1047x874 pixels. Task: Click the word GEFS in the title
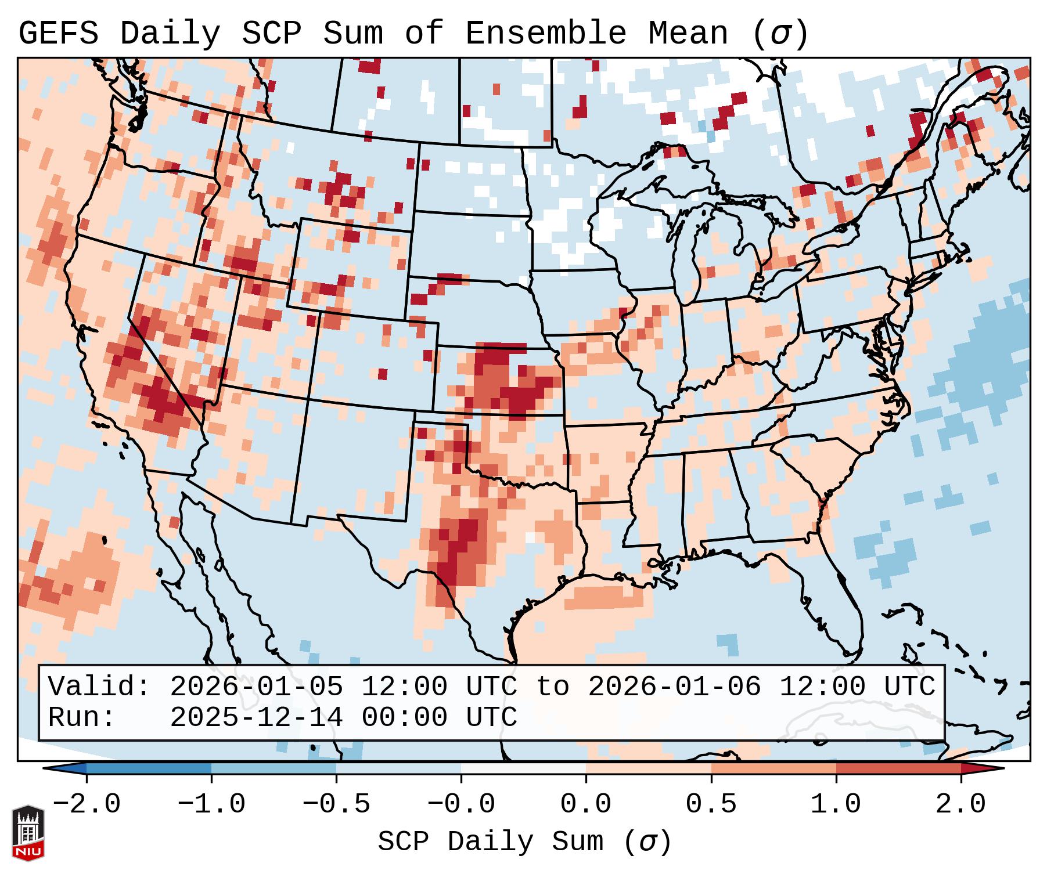[x=58, y=34]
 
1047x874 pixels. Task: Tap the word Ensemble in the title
[x=546, y=34]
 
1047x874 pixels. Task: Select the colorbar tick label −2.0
[x=87, y=804]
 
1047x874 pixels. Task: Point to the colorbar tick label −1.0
[x=211, y=804]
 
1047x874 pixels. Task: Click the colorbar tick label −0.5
[x=336, y=804]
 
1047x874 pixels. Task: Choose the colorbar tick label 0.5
[x=711, y=804]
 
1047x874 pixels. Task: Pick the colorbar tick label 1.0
[x=836, y=804]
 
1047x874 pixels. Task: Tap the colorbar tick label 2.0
[x=960, y=804]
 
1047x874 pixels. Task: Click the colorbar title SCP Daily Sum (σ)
[x=524, y=842]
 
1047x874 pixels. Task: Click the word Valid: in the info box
[x=99, y=687]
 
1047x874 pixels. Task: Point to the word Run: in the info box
[x=81, y=717]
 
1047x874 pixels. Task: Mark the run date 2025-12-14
[x=256, y=717]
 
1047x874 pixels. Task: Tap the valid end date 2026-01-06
[x=674, y=687]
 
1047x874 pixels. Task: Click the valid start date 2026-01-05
[x=256, y=687]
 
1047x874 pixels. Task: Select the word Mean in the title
[x=688, y=34]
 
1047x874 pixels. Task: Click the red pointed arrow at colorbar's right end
[x=983, y=768]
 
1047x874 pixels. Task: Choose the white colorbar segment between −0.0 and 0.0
[x=523, y=768]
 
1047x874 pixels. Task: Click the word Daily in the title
[x=170, y=34]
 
